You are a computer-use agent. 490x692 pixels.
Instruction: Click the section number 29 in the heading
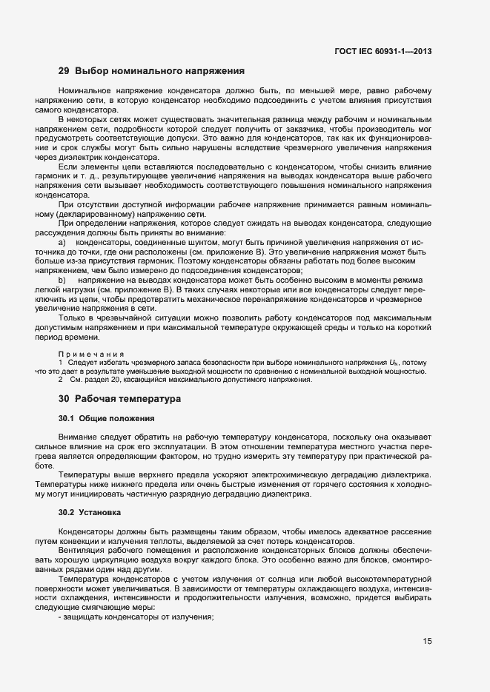[x=64, y=72]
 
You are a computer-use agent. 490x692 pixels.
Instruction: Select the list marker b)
[x=62, y=279]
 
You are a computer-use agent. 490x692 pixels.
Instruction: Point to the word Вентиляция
[x=82, y=551]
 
